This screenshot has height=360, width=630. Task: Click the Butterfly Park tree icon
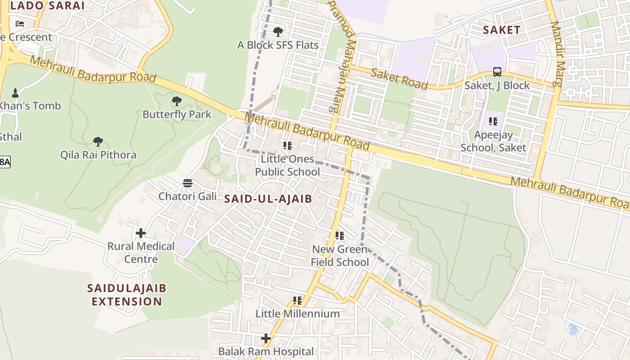(x=177, y=101)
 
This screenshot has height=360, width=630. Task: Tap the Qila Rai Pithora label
(x=98, y=155)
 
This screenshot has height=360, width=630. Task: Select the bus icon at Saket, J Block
(x=497, y=72)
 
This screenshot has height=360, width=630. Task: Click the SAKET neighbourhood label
(x=501, y=30)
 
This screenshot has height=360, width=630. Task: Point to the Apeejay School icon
(x=493, y=121)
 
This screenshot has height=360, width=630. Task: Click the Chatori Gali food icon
(x=188, y=183)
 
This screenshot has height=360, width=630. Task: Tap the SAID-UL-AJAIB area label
(x=268, y=198)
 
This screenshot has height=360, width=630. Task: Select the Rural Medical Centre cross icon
(x=141, y=233)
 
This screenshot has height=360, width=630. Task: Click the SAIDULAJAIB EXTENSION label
(x=127, y=294)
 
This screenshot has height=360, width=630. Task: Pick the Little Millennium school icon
(x=297, y=300)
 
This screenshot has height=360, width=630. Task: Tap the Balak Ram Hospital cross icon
(x=266, y=338)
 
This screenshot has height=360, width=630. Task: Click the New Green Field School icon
(x=340, y=235)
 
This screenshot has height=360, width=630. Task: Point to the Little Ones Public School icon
(x=288, y=145)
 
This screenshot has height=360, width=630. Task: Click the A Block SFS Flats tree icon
(x=278, y=31)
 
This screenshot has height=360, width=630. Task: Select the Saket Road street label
(x=399, y=79)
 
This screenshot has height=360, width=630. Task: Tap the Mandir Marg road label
(x=557, y=54)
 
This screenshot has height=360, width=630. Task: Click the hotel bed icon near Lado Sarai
(x=19, y=23)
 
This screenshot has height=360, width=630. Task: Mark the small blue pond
(x=572, y=329)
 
